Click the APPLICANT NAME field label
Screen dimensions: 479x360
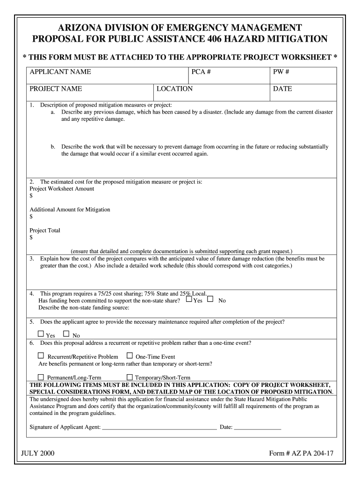point(60,72)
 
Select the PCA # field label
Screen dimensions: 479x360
point(202,72)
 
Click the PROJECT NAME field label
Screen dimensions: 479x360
point(56,89)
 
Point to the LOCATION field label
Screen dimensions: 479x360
point(174,89)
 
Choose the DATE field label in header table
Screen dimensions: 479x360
point(282,89)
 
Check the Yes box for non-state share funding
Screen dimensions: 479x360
point(189,299)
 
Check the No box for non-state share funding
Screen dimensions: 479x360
point(210,299)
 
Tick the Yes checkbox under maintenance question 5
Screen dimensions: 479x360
point(41,334)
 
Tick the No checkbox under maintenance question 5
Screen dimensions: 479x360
point(66,334)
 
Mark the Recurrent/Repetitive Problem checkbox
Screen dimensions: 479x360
point(41,356)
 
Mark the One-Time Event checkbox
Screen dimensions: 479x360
point(130,356)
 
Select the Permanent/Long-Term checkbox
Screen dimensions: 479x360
point(41,377)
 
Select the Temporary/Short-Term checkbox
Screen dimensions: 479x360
point(130,377)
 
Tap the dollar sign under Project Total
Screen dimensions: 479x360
point(31,238)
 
